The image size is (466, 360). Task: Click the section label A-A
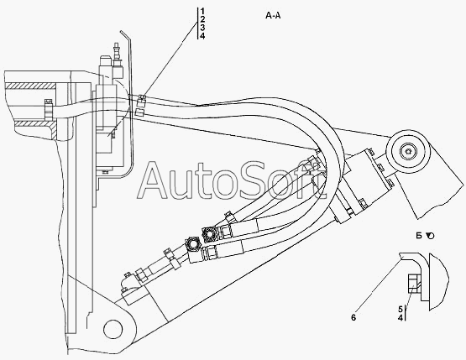pos(273,15)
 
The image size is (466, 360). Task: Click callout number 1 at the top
pos(202,12)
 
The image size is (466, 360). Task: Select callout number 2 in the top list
pos(202,19)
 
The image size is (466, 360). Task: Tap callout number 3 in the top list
pos(202,28)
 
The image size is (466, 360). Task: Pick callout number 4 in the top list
pos(202,36)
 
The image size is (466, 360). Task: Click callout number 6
pos(353,317)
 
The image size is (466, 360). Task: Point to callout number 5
pos(401,309)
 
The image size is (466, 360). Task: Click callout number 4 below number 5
pos(401,318)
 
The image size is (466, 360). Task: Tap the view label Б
pos(419,236)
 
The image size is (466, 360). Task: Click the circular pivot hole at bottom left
pos(113,328)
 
